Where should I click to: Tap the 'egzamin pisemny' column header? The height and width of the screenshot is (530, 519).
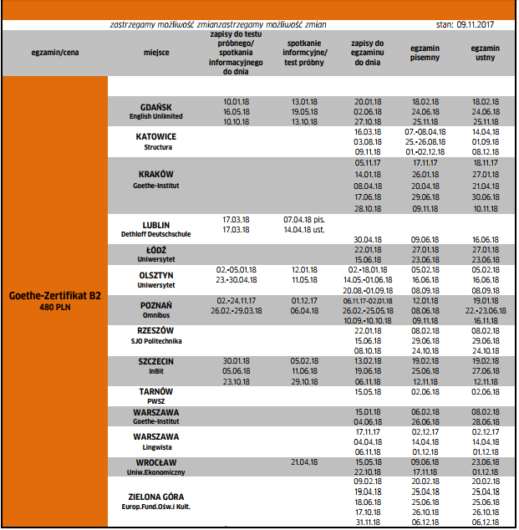(x=425, y=54)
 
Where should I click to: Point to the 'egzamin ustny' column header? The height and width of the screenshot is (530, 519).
(x=486, y=54)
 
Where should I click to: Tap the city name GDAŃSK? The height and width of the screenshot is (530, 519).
(x=156, y=108)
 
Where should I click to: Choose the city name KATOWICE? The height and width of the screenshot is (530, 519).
(x=157, y=135)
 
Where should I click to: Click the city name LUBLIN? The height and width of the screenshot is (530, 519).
(x=156, y=225)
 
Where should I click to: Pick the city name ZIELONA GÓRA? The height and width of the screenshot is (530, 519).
(x=156, y=496)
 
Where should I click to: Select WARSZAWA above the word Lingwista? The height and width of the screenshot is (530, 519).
(x=156, y=436)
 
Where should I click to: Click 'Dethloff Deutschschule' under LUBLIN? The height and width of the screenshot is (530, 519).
(x=156, y=235)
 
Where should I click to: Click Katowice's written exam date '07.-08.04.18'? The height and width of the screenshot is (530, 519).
(x=425, y=132)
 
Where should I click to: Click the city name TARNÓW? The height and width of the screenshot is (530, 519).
(x=156, y=391)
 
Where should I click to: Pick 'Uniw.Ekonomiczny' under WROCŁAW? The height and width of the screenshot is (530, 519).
(x=156, y=472)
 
